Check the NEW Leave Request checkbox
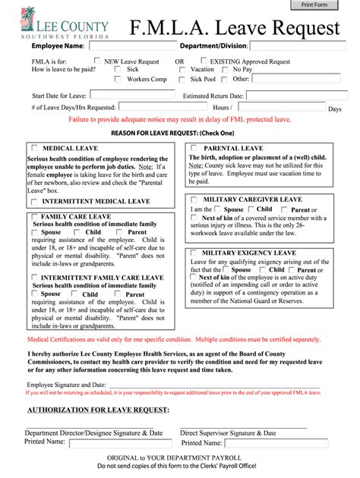click(97, 61)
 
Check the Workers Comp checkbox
click(118, 78)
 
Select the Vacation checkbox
click(182, 69)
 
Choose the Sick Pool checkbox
click(182, 78)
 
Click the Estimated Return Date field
click(295, 96)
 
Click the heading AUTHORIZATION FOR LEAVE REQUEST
click(98, 410)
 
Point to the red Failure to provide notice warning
click(180, 120)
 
